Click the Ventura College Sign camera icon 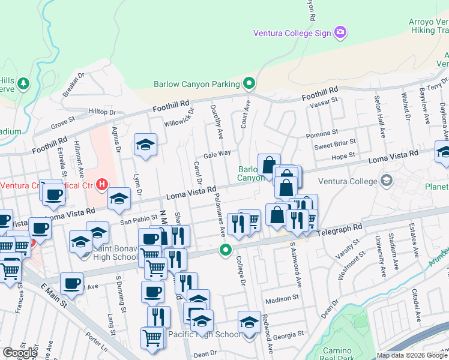point(341,32)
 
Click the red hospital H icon point(103,184)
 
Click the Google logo point(20,353)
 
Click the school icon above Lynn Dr point(145,146)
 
